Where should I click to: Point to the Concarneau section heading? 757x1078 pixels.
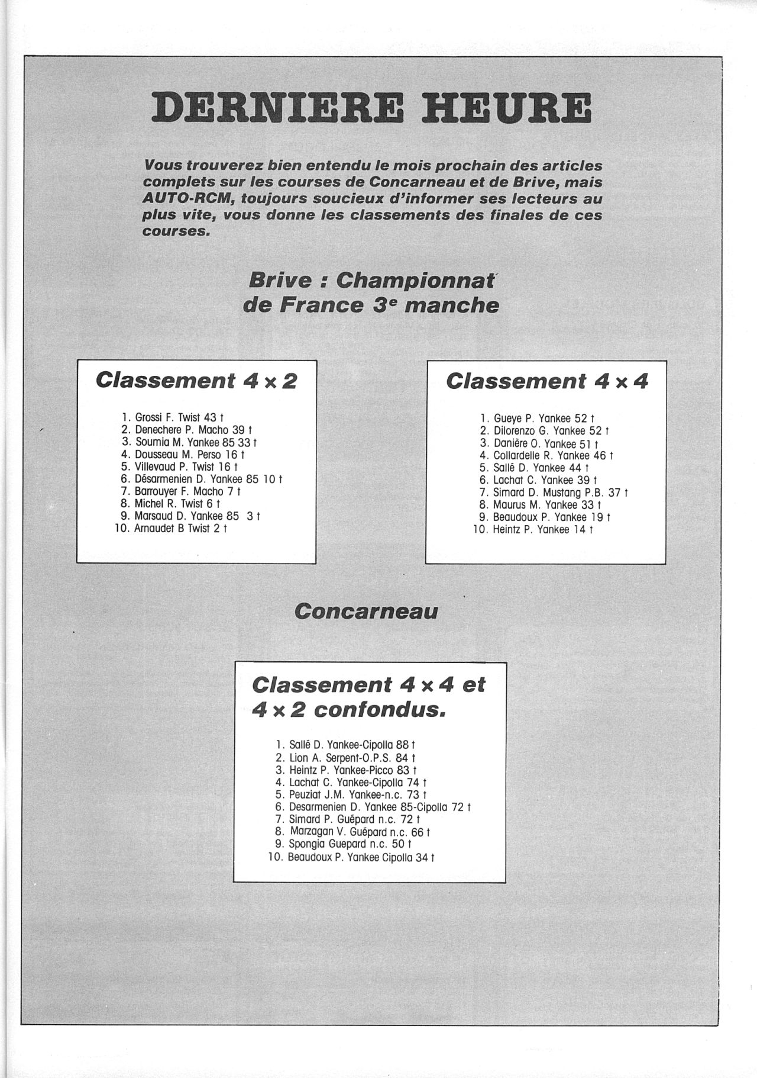366,611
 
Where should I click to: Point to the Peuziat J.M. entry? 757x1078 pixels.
317,794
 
